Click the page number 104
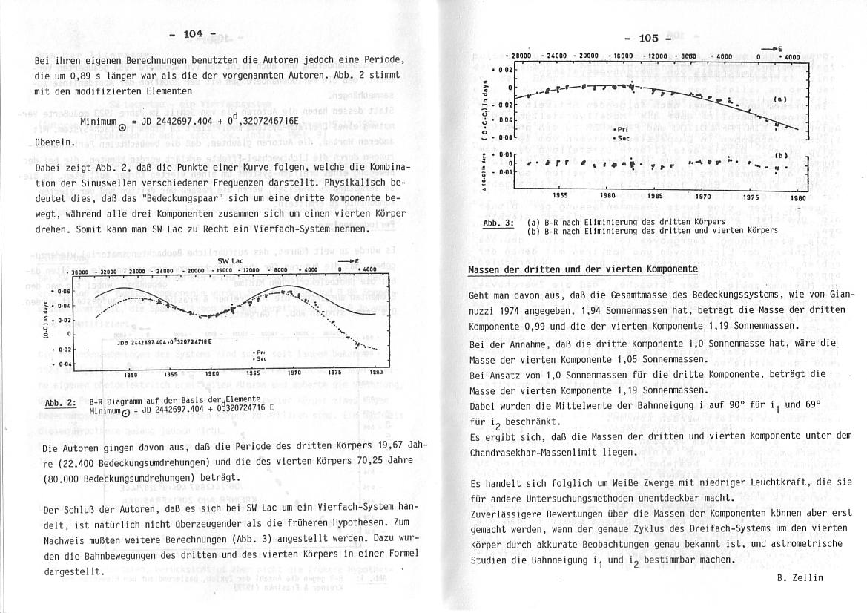(193, 33)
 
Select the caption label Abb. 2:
(62, 403)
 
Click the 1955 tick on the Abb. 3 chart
(561, 196)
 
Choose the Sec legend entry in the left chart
(261, 357)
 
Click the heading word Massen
(487, 269)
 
